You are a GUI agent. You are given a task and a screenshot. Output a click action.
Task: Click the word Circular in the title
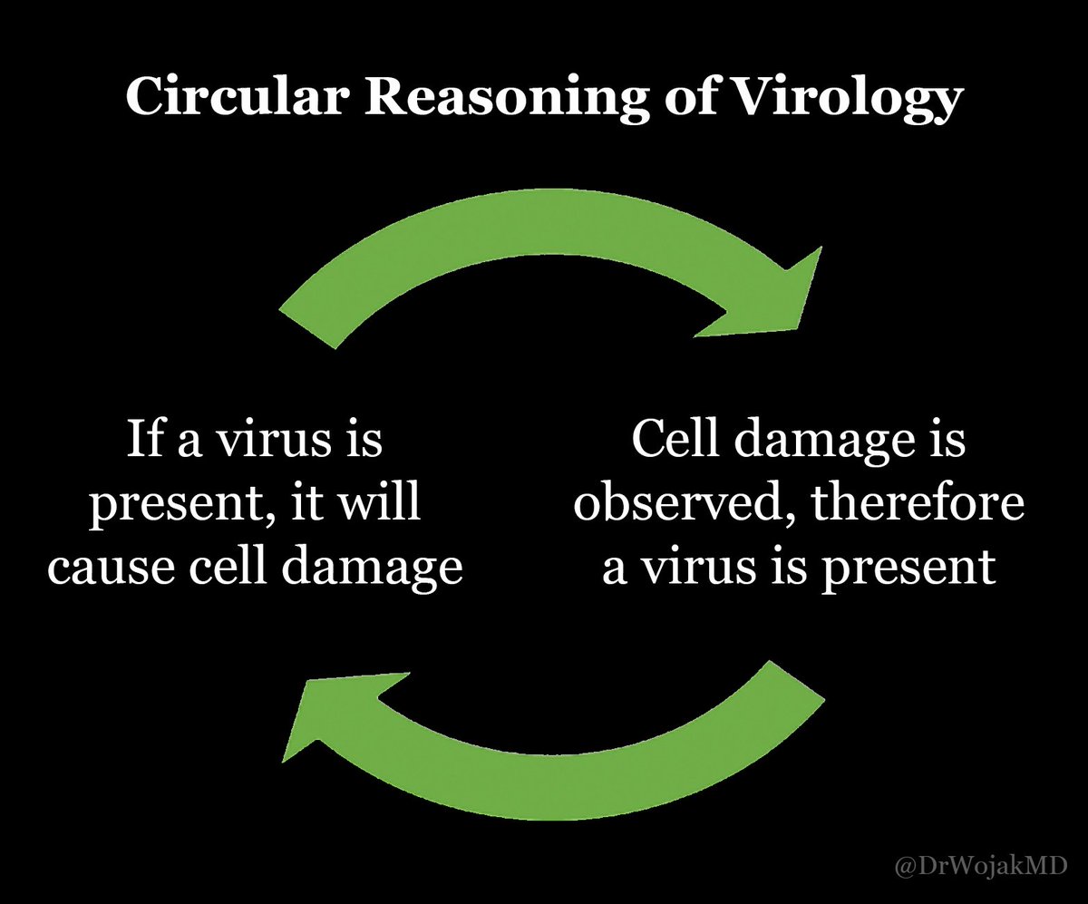pyautogui.click(x=235, y=96)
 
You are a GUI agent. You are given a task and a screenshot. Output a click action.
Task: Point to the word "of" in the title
pyautogui.click(x=688, y=96)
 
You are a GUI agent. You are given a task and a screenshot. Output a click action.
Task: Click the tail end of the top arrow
pyautogui.click(x=307, y=329)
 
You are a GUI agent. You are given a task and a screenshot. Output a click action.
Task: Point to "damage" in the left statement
pyautogui.click(x=372, y=570)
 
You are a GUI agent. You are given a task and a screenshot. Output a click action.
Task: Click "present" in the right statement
pyautogui.click(x=908, y=571)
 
